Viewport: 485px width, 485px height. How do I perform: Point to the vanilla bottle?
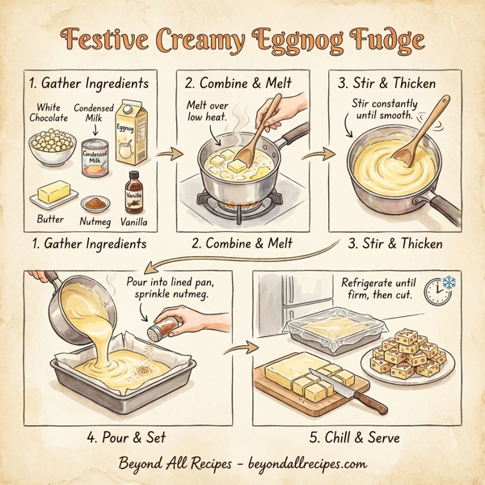133,192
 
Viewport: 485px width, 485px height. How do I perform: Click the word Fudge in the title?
382,40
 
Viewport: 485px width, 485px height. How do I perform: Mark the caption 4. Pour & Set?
126,437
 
